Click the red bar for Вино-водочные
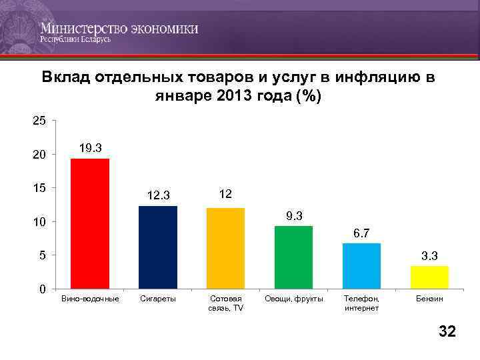click(x=89, y=223)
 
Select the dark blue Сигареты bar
click(x=157, y=247)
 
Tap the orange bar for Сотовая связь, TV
click(x=225, y=248)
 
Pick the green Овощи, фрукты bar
click(x=293, y=257)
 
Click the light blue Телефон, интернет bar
click(x=361, y=265)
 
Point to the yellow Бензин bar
click(x=429, y=277)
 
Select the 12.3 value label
click(x=159, y=195)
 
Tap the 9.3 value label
click(x=294, y=215)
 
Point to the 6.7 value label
click(x=362, y=233)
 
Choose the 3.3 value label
click(x=429, y=255)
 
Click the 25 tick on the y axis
click(x=39, y=121)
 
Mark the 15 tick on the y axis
click(x=39, y=188)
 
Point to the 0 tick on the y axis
click(x=43, y=289)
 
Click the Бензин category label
click(x=429, y=299)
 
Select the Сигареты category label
click(x=158, y=299)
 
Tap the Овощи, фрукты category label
click(x=293, y=299)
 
